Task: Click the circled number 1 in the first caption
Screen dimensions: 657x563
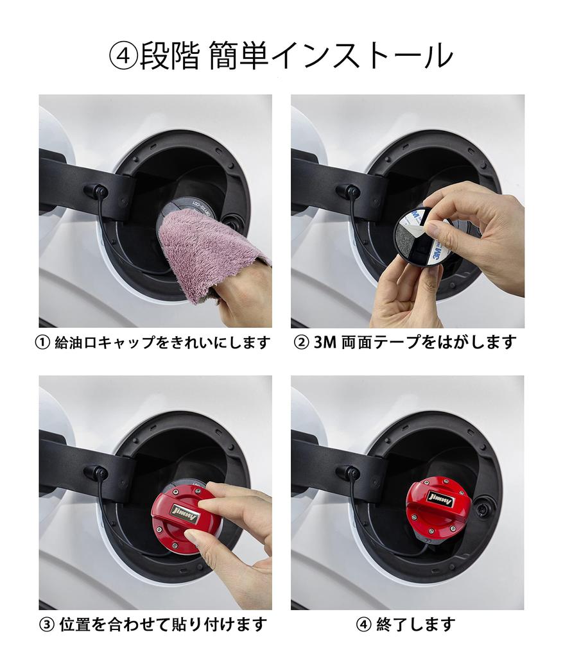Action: (42, 343)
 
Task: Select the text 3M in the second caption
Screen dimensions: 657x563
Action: (326, 343)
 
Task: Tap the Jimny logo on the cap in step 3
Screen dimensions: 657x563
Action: (184, 515)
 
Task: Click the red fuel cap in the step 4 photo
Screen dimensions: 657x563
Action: (438, 507)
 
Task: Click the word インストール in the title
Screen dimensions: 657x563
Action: (362, 56)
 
